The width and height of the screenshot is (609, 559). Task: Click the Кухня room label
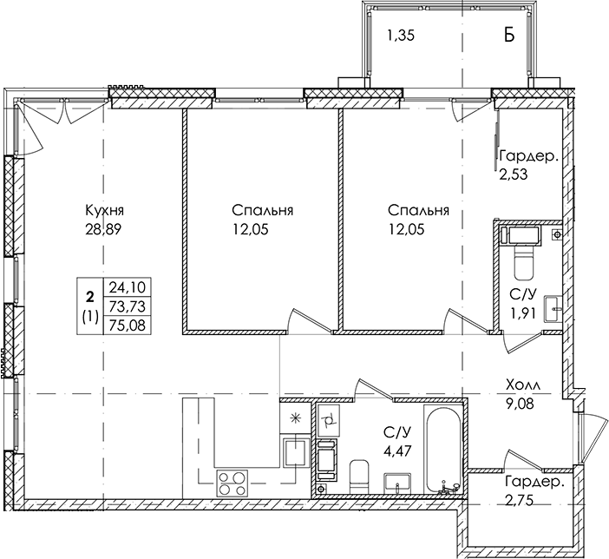coord(104,211)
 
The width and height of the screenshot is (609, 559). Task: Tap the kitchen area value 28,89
coord(104,230)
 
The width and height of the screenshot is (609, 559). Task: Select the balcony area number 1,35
coord(401,36)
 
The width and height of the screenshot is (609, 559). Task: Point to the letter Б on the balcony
coord(509,35)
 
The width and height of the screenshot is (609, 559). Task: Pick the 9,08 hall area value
coord(520,404)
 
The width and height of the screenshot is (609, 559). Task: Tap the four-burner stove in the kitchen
coord(232,483)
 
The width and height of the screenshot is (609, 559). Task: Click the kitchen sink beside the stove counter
coord(297,453)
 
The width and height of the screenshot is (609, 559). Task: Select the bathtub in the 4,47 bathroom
coord(442,450)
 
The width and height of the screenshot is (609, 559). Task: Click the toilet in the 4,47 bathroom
coord(359,477)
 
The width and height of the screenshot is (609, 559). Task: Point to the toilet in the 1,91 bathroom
coord(524,263)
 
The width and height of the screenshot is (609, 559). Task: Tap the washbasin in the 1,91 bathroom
coord(553,309)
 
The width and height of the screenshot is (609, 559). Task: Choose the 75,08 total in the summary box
coord(128,326)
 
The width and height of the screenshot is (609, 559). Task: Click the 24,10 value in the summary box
coord(128,287)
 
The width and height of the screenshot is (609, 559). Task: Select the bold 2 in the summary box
coord(90,298)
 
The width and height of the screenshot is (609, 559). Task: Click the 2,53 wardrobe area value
coord(514,174)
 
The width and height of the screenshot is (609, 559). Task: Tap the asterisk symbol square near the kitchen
coord(296,418)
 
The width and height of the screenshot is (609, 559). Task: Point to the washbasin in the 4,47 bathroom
coord(397,483)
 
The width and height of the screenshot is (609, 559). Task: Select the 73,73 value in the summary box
coord(128,306)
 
